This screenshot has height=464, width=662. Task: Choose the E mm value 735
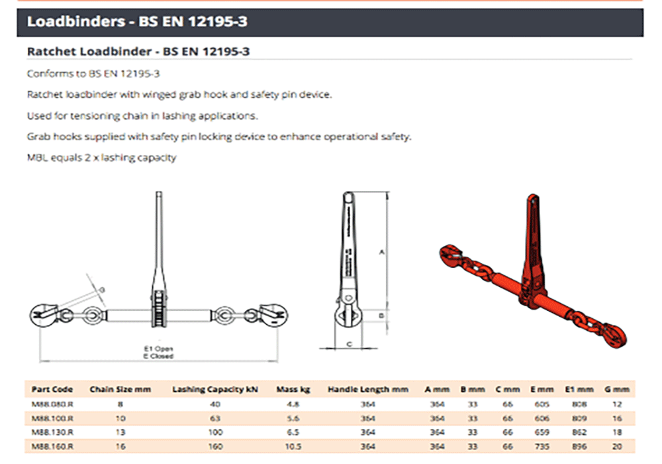point(542,447)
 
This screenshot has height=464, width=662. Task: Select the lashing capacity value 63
point(214,418)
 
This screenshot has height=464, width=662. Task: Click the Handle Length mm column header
point(368,389)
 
